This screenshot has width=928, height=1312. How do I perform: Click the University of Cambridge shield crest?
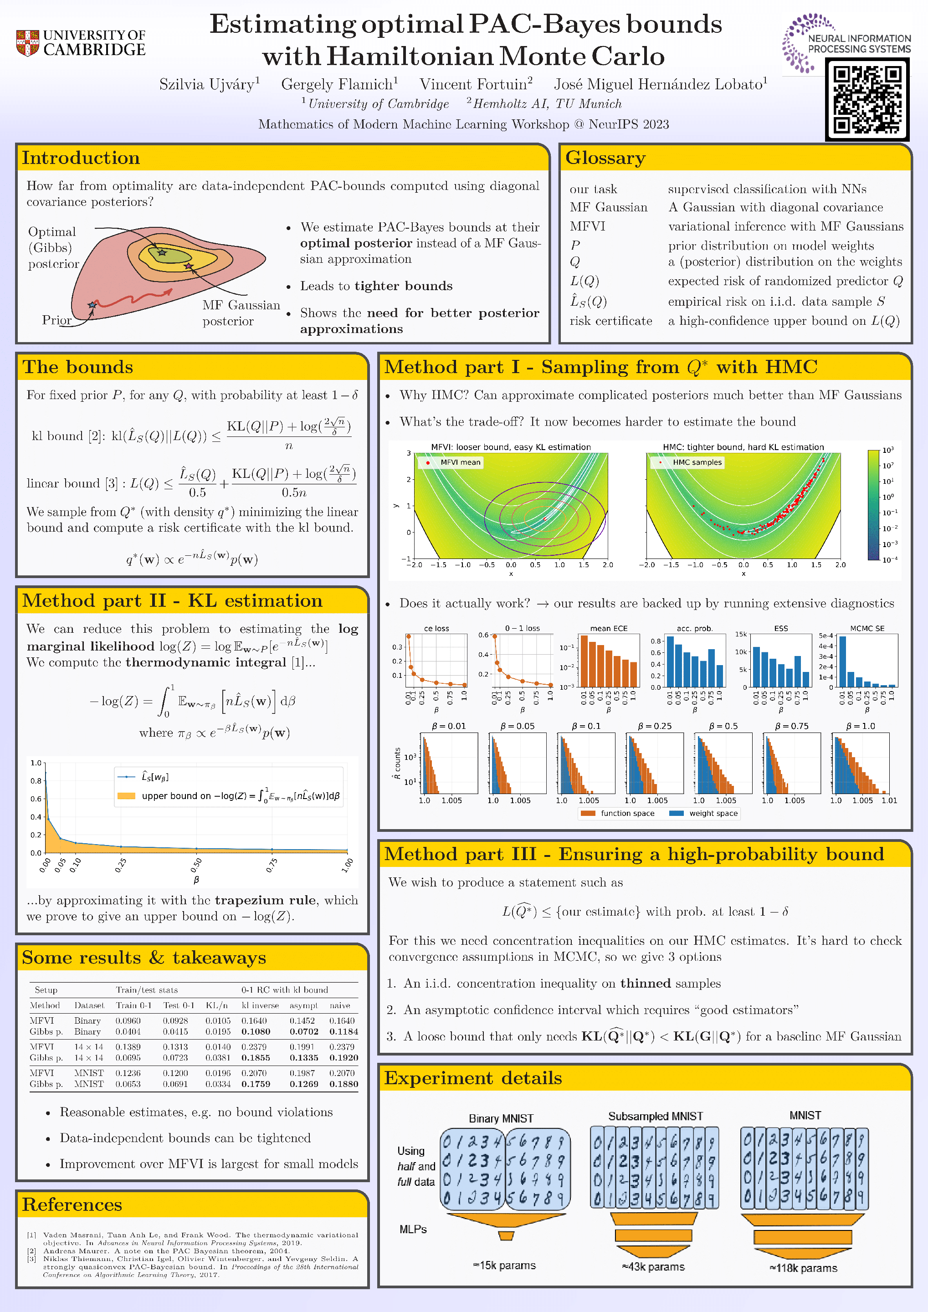[x=27, y=43]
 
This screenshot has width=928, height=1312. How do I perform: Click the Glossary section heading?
[x=605, y=158]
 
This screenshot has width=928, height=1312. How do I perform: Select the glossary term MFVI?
[x=587, y=226]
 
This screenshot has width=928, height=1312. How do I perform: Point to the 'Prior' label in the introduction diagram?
[x=56, y=320]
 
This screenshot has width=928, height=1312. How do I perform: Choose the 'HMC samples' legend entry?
[x=697, y=462]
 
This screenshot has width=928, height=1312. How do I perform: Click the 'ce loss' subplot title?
[x=436, y=628]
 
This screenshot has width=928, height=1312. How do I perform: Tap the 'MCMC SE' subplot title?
[x=866, y=628]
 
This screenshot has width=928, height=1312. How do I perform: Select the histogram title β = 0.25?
[x=654, y=726]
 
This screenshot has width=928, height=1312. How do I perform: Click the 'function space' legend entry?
[x=627, y=813]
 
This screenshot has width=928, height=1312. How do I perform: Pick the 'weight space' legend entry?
[x=713, y=813]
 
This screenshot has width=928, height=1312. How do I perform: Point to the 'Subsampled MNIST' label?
[x=655, y=1116]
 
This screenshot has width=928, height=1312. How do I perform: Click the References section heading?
[x=72, y=1204]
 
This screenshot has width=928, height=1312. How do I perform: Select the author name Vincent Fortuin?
[x=476, y=85]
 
